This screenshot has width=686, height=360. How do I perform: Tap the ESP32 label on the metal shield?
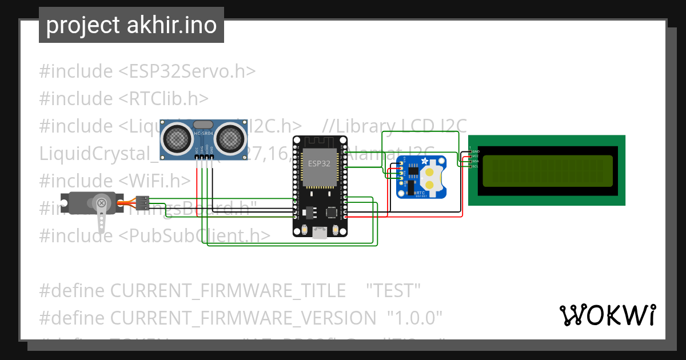[x=318, y=163]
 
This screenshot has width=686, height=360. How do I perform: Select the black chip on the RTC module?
[x=409, y=183]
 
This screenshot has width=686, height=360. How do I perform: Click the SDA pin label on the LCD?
[x=474, y=161]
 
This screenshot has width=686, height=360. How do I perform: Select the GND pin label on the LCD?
[x=476, y=151]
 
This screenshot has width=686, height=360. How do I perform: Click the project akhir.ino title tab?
[x=131, y=26]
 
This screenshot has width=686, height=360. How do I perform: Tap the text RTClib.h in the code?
[x=163, y=98]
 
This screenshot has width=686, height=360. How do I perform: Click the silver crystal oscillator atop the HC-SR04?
[x=204, y=124]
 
